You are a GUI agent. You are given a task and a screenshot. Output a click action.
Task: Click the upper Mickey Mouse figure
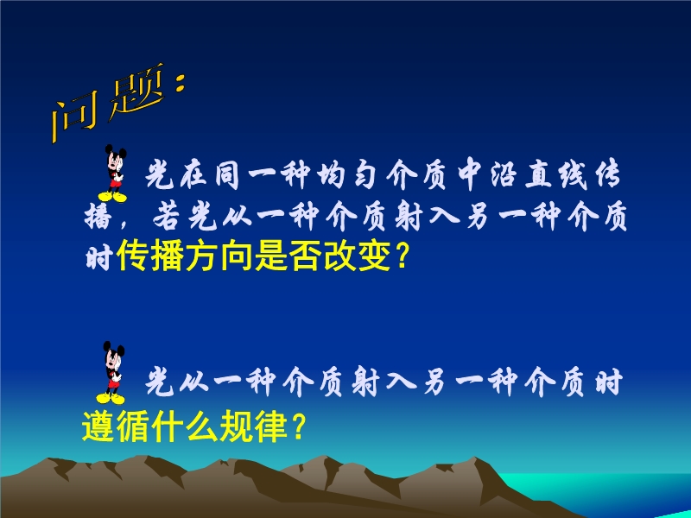click(114, 174)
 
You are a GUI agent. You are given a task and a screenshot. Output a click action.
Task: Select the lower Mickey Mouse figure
click(111, 373)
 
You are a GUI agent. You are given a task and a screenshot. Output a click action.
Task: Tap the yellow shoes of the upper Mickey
click(113, 197)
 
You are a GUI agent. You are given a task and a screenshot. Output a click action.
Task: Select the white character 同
click(227, 174)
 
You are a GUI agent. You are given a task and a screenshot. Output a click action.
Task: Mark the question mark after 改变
click(402, 256)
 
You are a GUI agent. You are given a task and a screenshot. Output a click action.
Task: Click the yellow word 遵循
click(116, 426)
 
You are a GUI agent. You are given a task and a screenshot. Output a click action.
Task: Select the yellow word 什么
click(185, 426)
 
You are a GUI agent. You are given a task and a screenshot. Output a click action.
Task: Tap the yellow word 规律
click(253, 426)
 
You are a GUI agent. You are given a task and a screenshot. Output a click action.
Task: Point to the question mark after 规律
click(298, 426)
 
